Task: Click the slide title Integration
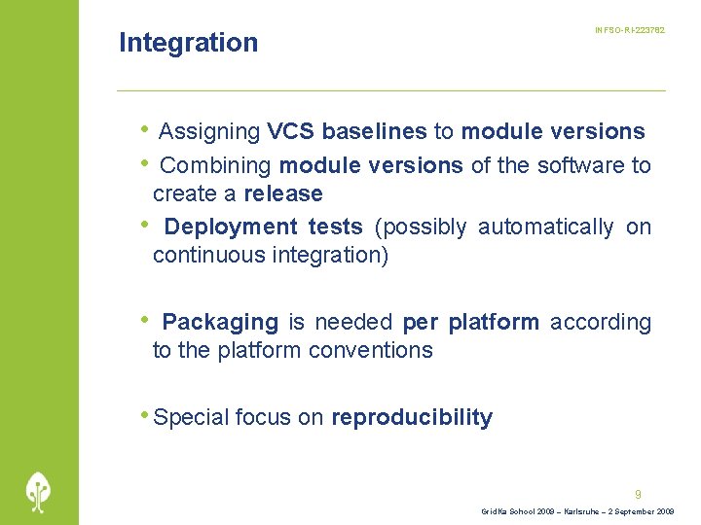tap(188, 43)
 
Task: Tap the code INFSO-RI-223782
tap(630, 31)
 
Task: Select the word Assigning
tap(208, 132)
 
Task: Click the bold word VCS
tap(290, 132)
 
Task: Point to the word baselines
tap(374, 132)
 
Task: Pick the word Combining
tap(215, 166)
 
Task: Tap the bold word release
tap(283, 193)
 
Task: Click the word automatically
tap(545, 227)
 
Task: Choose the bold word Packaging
tap(220, 323)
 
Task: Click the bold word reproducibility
tap(412, 418)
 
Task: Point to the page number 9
tap(638, 494)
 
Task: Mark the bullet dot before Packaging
tap(144, 319)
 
